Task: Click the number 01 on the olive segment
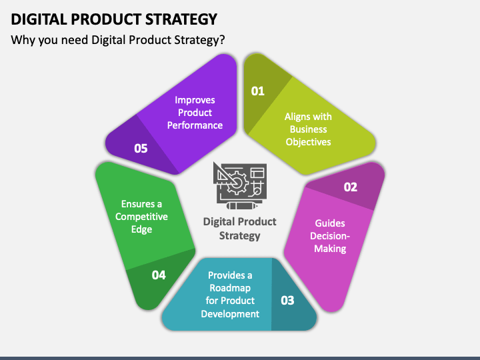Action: click(257, 91)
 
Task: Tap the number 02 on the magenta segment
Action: click(350, 187)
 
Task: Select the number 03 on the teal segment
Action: click(287, 300)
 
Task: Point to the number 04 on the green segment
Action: click(159, 275)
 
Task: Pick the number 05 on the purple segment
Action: click(141, 149)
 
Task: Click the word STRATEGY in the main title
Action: click(181, 19)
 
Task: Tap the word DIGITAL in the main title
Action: click(39, 19)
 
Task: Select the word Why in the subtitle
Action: click(23, 41)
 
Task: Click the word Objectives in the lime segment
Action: click(308, 143)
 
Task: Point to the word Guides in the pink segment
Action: click(330, 223)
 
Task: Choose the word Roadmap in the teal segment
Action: click(230, 289)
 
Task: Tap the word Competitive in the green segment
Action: click(141, 217)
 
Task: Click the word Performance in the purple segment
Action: click(195, 125)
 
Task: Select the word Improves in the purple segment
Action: click(195, 101)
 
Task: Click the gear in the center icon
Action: click(237, 183)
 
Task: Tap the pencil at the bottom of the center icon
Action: click(242, 206)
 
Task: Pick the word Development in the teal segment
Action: click(230, 314)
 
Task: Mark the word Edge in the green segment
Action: click(141, 229)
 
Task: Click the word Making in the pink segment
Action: click(330, 249)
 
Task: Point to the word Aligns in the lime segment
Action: click(295, 117)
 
